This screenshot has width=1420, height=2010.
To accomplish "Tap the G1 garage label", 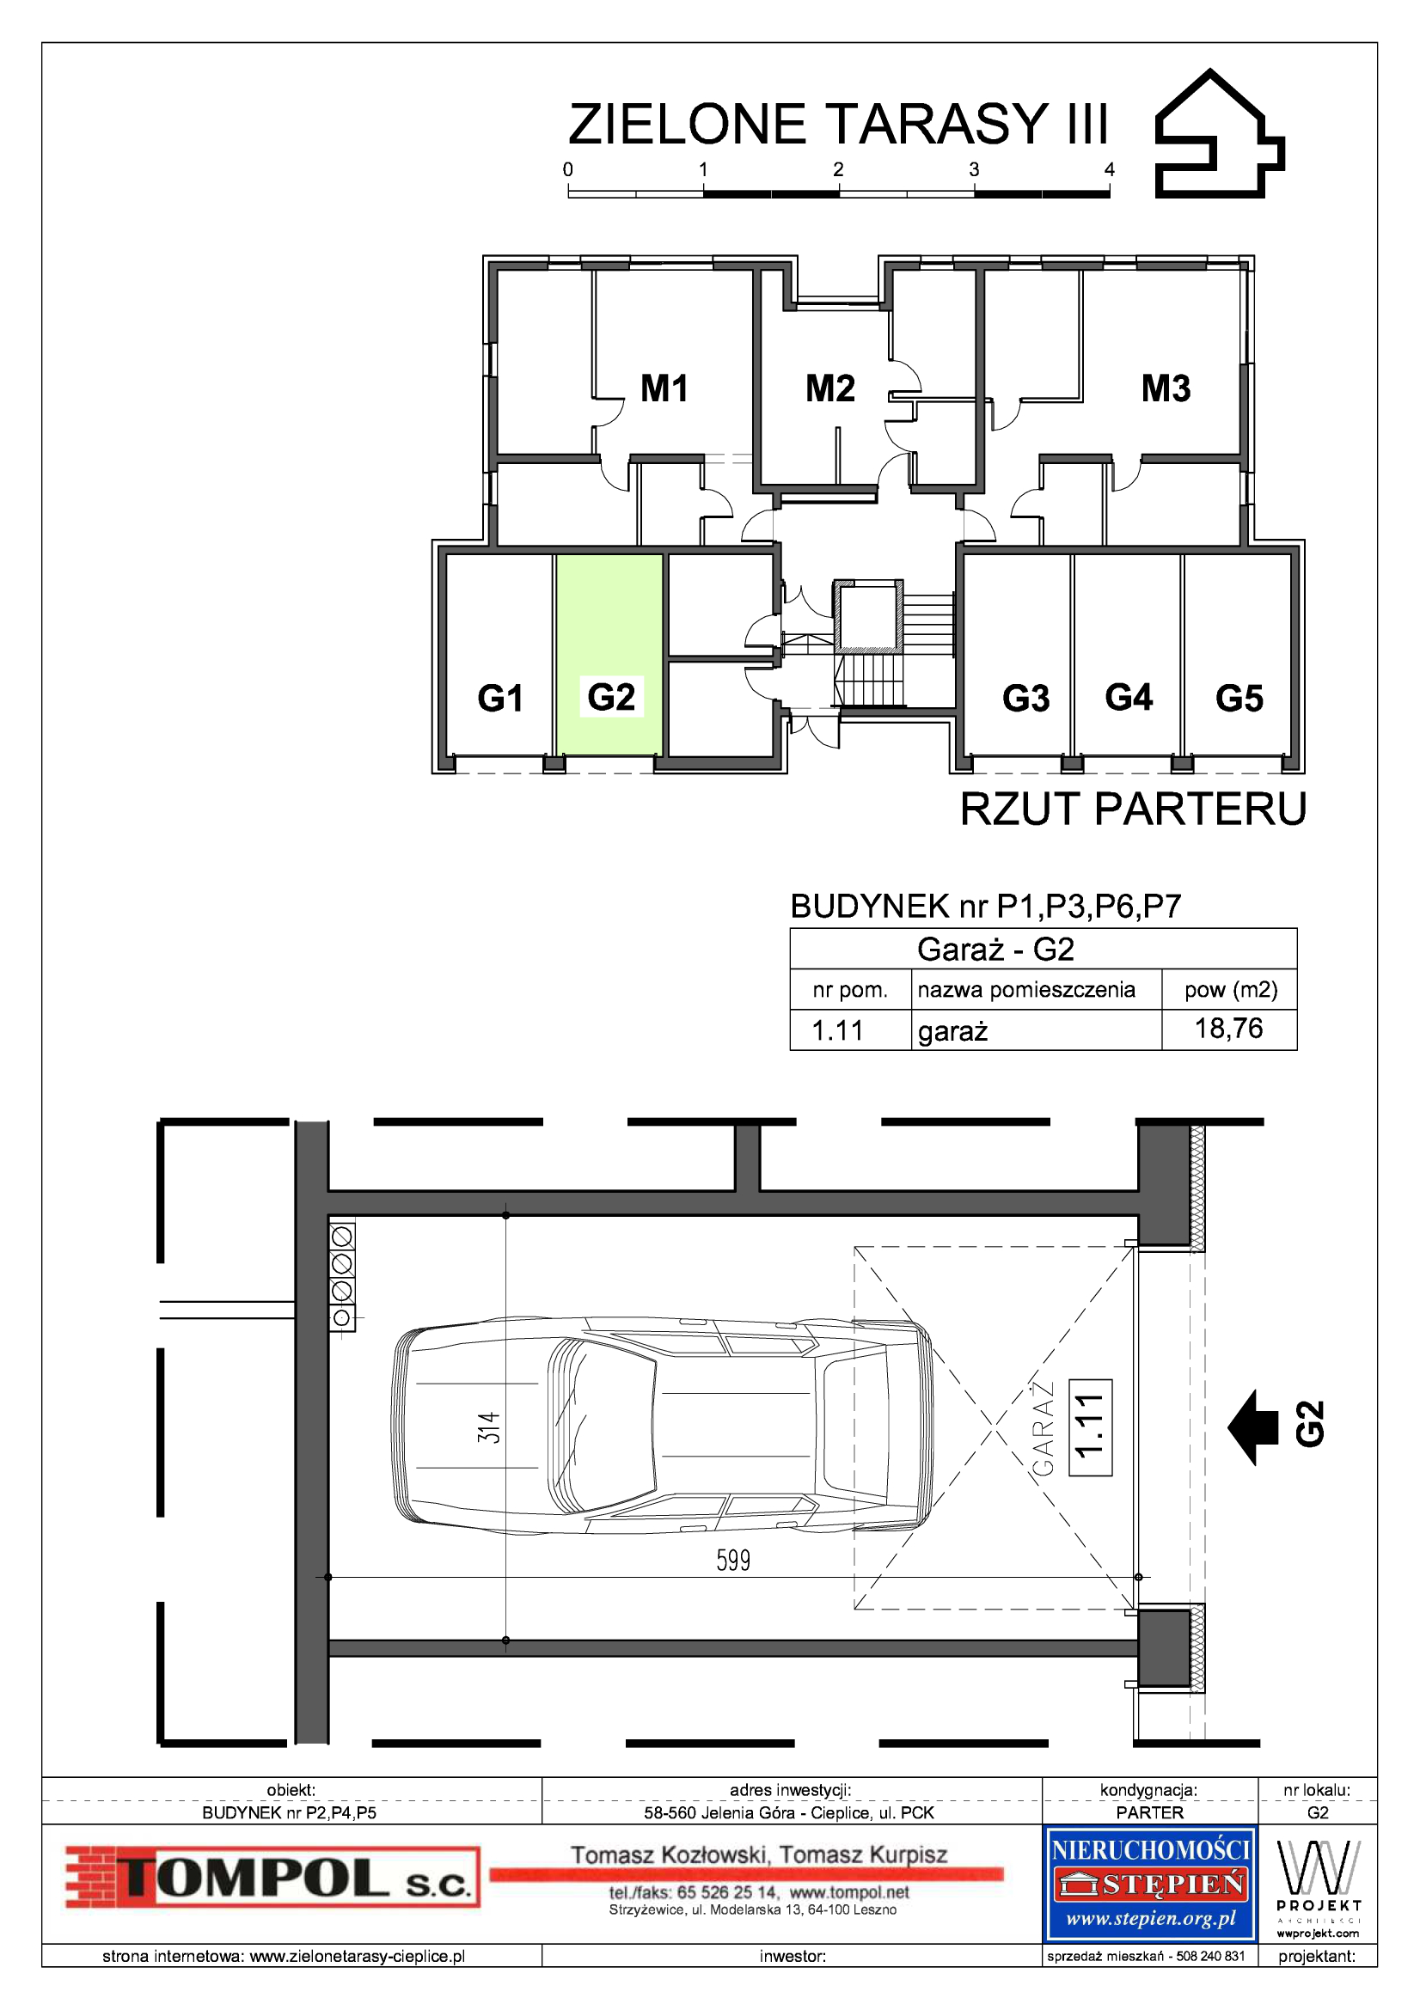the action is pyautogui.click(x=500, y=698).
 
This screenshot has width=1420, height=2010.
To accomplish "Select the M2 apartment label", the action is pyautogui.click(x=830, y=388).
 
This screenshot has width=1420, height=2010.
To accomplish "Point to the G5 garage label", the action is pyautogui.click(x=1239, y=698).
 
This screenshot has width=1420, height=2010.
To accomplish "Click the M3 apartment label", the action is pyautogui.click(x=1166, y=388).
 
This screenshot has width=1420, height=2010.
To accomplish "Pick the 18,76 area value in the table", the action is pyautogui.click(x=1228, y=1028).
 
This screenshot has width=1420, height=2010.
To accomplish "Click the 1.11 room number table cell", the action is pyautogui.click(x=837, y=1030).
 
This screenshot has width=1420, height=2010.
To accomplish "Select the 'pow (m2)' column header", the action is pyautogui.click(x=1230, y=990).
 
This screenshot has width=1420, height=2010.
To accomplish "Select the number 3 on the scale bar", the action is pyautogui.click(x=974, y=170).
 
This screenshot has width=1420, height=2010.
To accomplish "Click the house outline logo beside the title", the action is pyautogui.click(x=1220, y=134).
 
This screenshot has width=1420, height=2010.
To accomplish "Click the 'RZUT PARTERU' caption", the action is pyautogui.click(x=1133, y=809).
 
